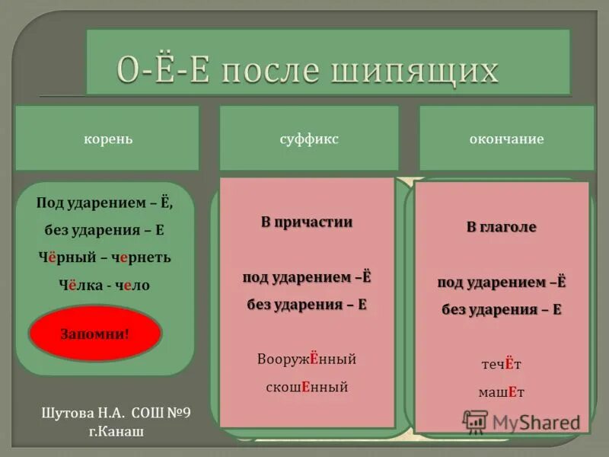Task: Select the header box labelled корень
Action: point(107,139)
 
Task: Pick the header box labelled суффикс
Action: point(309,139)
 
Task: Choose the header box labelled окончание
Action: point(506,139)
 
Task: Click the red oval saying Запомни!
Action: point(95,334)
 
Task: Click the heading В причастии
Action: point(307,222)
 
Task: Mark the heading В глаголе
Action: point(502,227)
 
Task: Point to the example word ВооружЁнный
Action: point(307,359)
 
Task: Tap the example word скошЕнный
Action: point(307,386)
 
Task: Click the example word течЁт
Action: point(501,364)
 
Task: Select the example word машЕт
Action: point(501,391)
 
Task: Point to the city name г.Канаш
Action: point(116,431)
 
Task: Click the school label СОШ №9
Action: point(161,413)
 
